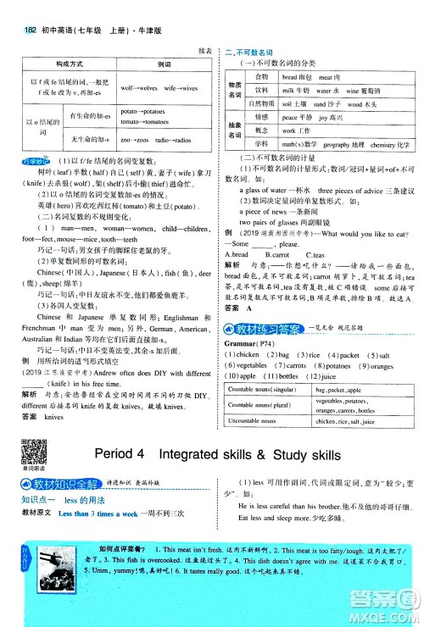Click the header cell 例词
[x=165, y=64]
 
